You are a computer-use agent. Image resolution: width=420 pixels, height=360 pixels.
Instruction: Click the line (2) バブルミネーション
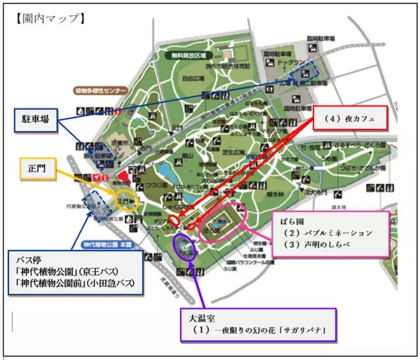326,232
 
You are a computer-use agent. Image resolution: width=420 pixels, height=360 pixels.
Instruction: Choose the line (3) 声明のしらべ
318,244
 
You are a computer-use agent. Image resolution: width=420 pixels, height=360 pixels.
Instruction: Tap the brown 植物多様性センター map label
102,91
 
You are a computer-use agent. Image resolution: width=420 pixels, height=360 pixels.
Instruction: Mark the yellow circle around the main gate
127,200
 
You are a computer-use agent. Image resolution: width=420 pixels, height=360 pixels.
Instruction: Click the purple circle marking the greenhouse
184,244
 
